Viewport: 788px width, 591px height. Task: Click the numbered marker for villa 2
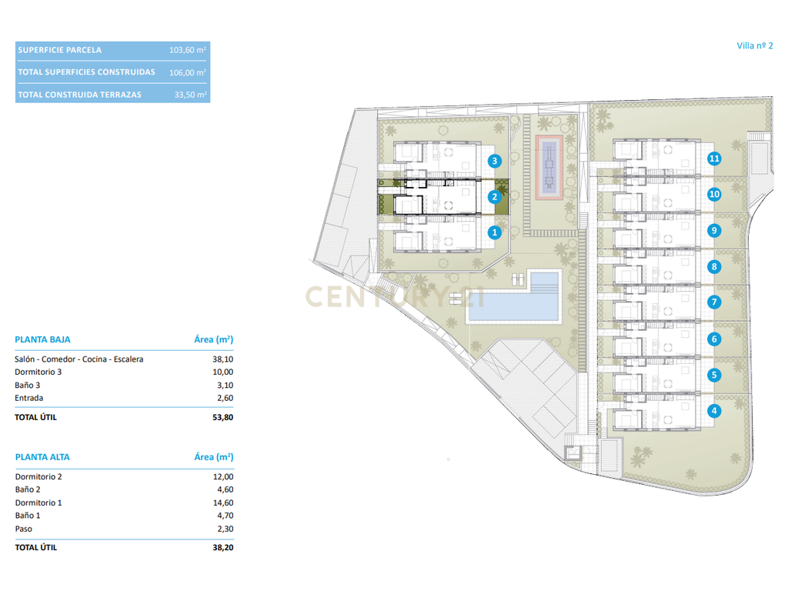tap(495, 197)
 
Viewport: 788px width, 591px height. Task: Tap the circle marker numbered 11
tap(714, 159)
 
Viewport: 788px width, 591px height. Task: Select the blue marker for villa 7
tap(714, 302)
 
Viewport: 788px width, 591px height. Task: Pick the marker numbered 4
tap(714, 411)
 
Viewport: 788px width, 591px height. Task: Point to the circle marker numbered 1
tap(495, 232)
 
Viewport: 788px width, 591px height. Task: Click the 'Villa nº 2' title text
tap(754, 45)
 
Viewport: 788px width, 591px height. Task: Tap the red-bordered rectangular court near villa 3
tap(549, 167)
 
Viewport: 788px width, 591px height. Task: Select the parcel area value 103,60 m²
tap(188, 50)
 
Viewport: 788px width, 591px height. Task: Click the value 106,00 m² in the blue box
tap(188, 72)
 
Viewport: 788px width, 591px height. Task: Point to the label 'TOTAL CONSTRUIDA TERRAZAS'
tap(80, 95)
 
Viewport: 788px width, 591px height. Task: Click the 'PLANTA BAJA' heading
tap(43, 339)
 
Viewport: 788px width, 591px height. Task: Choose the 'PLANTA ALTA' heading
tap(43, 457)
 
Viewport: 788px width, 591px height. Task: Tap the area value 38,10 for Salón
tap(222, 359)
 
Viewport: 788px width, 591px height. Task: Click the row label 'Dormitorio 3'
tap(38, 372)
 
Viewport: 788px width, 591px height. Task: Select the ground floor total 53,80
tap(222, 417)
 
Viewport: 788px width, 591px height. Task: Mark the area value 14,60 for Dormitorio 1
tap(223, 503)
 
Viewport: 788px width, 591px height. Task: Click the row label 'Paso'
tap(24, 529)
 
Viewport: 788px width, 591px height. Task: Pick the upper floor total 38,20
tap(223, 548)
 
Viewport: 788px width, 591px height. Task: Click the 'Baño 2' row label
tap(28, 489)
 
